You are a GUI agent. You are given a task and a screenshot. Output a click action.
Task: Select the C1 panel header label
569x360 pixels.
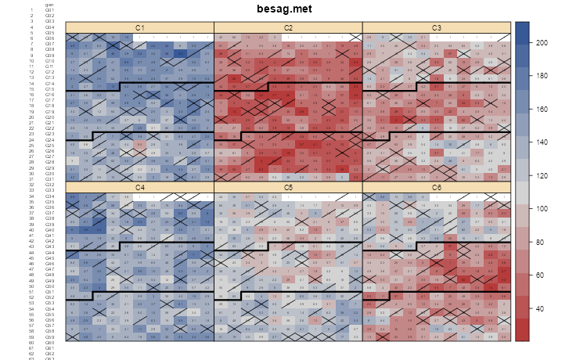[x=139, y=28]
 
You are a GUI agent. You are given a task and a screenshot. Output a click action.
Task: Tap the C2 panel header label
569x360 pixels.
[x=288, y=28]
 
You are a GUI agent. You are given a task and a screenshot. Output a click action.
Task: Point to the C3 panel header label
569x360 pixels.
[x=437, y=28]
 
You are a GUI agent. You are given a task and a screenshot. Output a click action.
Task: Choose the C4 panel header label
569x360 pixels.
[x=139, y=187]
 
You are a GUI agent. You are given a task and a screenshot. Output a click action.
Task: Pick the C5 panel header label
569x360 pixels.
[x=288, y=187]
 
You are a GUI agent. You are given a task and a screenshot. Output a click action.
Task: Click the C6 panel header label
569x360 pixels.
[x=437, y=187]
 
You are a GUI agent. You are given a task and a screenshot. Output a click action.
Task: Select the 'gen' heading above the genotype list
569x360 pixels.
[x=49, y=4]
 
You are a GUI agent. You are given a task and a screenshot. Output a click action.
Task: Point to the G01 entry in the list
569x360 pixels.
[x=49, y=9]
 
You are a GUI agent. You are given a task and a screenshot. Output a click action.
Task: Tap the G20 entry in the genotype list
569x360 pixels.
[x=49, y=117]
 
